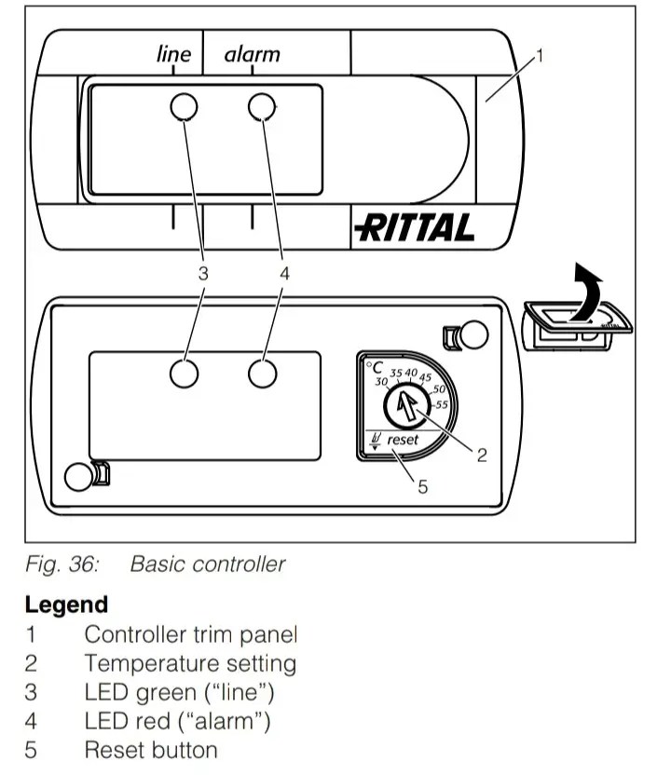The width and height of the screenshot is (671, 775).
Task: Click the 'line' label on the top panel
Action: click(x=173, y=54)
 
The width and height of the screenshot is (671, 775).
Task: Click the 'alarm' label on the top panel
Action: click(x=252, y=54)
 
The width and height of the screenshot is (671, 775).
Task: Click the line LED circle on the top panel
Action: click(x=184, y=108)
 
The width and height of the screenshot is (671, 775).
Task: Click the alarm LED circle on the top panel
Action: click(x=263, y=108)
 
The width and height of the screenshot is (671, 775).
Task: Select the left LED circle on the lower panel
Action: click(x=185, y=373)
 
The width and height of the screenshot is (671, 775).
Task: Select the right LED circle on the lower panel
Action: click(x=264, y=373)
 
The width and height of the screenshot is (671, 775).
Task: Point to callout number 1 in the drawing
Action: click(x=540, y=55)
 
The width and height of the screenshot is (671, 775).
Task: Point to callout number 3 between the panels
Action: click(x=203, y=273)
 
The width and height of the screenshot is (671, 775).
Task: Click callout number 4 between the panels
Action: click(x=284, y=273)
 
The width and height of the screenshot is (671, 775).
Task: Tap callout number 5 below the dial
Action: click(x=422, y=485)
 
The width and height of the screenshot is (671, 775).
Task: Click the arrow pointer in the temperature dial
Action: click(x=403, y=405)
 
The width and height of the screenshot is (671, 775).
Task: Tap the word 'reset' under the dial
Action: click(x=403, y=439)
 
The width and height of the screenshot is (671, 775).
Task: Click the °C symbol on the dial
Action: click(x=374, y=369)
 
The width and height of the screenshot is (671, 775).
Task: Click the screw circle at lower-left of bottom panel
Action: click(x=78, y=476)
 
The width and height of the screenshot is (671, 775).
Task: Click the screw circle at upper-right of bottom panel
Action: click(x=474, y=334)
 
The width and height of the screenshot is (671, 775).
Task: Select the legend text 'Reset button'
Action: click(x=150, y=749)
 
